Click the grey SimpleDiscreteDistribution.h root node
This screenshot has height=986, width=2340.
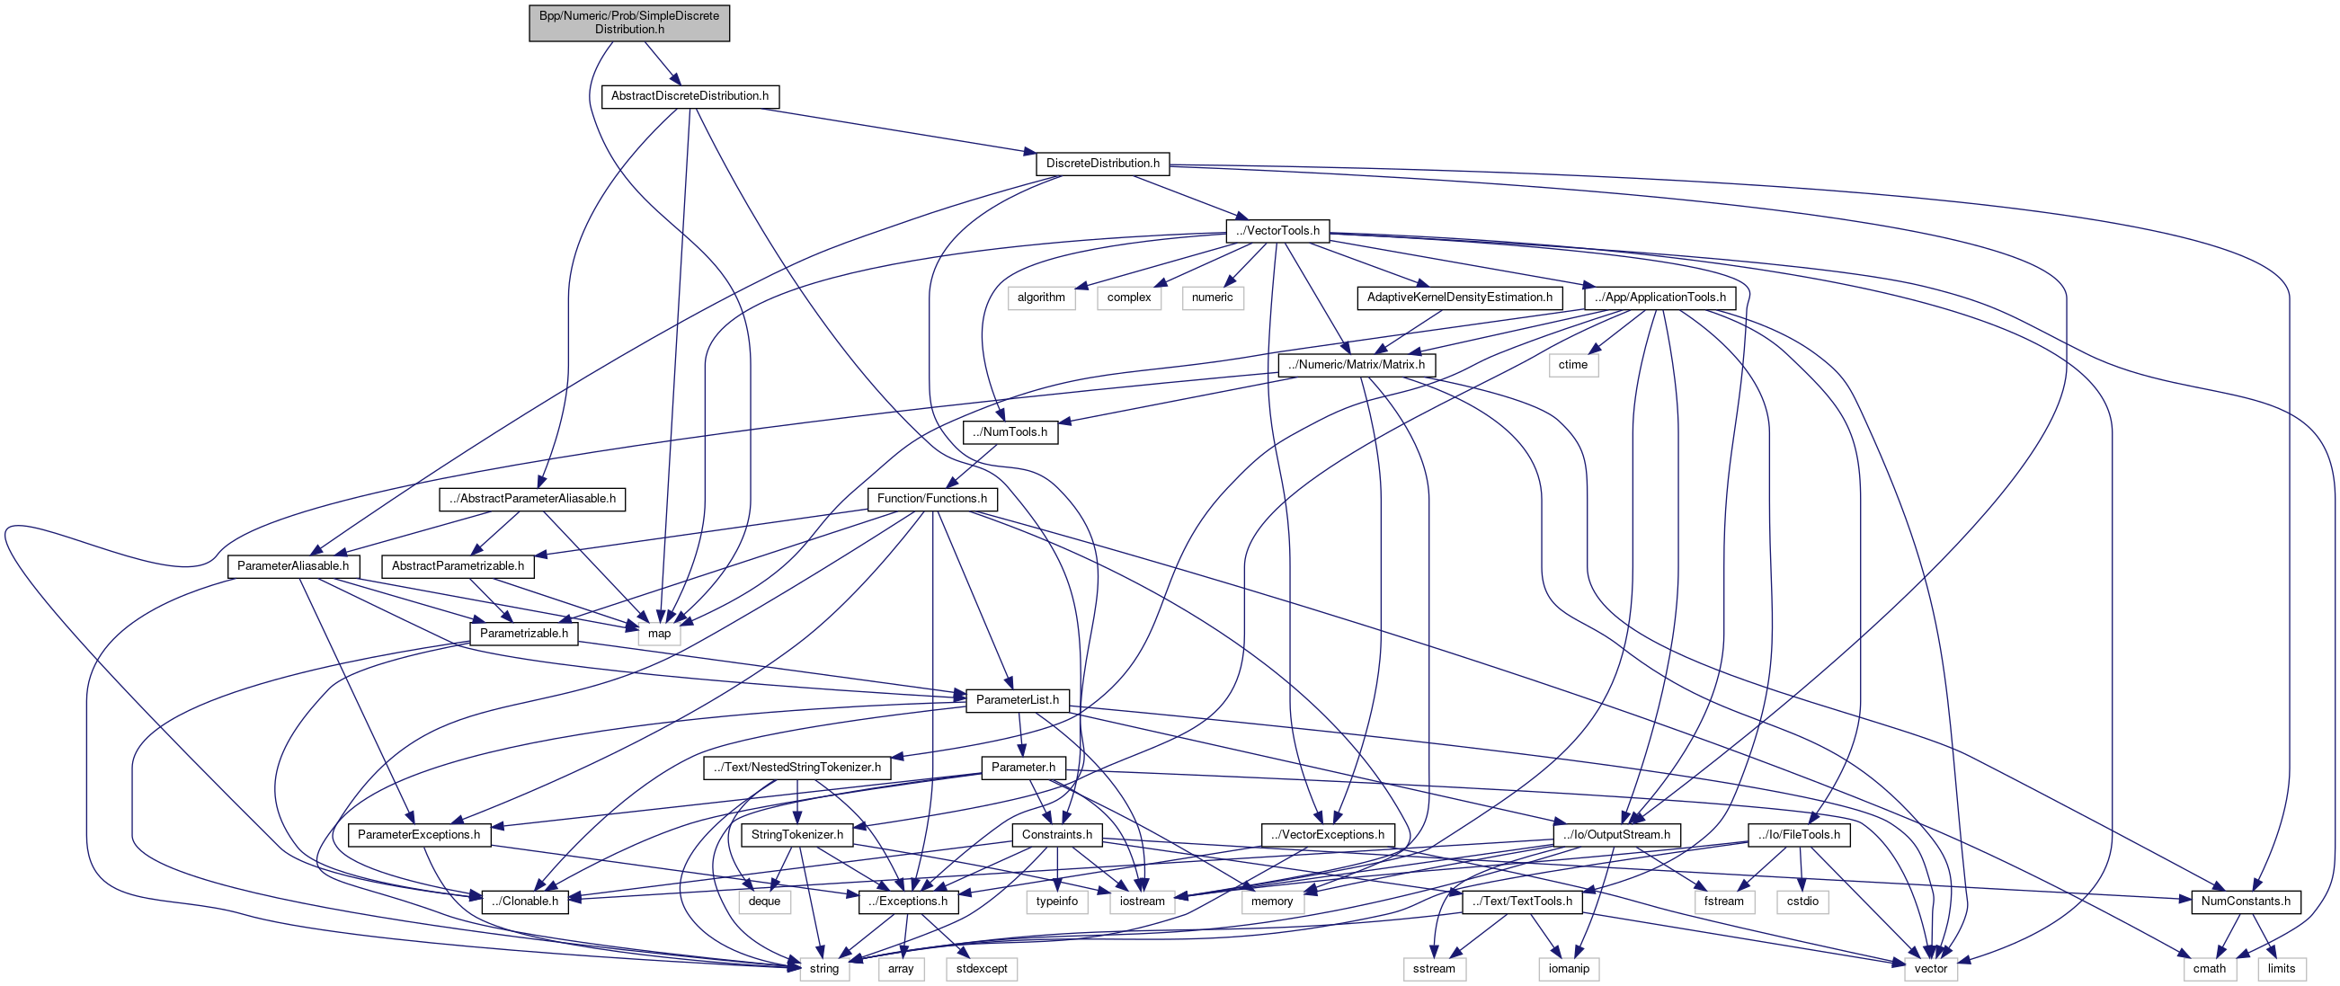628,22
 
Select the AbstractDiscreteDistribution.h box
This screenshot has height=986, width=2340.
690,96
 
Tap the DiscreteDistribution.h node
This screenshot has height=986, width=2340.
1102,164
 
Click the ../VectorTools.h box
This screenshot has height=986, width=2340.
1277,231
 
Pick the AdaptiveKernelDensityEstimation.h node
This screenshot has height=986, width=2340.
1459,298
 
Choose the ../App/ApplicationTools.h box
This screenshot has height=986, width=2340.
1659,298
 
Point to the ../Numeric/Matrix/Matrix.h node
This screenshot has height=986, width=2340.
1357,365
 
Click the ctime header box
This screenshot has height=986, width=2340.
1572,365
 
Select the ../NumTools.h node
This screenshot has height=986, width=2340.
1010,432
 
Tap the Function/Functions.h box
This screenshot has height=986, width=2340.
931,500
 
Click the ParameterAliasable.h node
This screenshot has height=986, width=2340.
292,566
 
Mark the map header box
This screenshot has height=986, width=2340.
659,634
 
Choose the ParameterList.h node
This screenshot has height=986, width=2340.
1017,700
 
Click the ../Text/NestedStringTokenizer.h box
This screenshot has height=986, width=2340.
796,768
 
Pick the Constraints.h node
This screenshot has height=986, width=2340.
1056,835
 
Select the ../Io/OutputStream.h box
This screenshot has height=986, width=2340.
1616,835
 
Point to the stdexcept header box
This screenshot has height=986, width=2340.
981,969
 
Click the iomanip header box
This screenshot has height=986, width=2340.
1569,969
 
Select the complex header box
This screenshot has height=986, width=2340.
1128,298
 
